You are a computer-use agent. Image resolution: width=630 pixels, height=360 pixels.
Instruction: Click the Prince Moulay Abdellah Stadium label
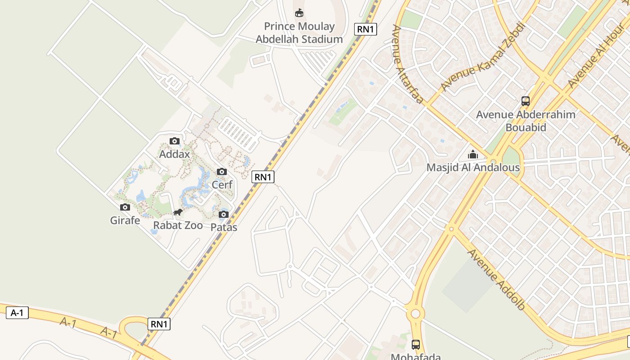[299, 33]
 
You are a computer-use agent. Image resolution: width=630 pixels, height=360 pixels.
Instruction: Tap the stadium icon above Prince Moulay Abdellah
[299, 13]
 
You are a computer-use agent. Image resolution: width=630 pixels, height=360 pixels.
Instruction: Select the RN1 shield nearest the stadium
[365, 29]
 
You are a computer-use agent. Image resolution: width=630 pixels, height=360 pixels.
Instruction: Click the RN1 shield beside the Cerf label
[263, 177]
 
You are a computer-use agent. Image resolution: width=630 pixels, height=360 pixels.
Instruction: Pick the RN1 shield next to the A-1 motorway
[159, 324]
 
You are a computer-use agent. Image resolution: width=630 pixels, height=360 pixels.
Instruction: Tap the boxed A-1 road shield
[17, 313]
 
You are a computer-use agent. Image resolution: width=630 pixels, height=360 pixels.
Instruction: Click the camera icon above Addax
[175, 141]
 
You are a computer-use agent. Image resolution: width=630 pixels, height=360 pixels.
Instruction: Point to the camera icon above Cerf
[222, 172]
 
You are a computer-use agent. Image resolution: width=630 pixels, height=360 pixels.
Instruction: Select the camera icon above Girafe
[125, 207]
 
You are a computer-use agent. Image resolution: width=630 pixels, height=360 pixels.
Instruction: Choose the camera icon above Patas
[224, 214]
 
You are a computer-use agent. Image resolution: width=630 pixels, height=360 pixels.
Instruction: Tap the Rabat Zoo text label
[178, 225]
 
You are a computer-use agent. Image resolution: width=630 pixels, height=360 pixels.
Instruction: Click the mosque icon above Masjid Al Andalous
[473, 155]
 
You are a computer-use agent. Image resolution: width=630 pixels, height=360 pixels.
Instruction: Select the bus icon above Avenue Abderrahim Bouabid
[526, 101]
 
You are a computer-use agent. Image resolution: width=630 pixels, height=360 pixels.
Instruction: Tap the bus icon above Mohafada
[416, 345]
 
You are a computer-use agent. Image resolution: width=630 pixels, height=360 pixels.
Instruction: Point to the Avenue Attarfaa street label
[408, 64]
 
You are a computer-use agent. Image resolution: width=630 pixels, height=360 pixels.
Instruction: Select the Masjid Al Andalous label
[473, 168]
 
